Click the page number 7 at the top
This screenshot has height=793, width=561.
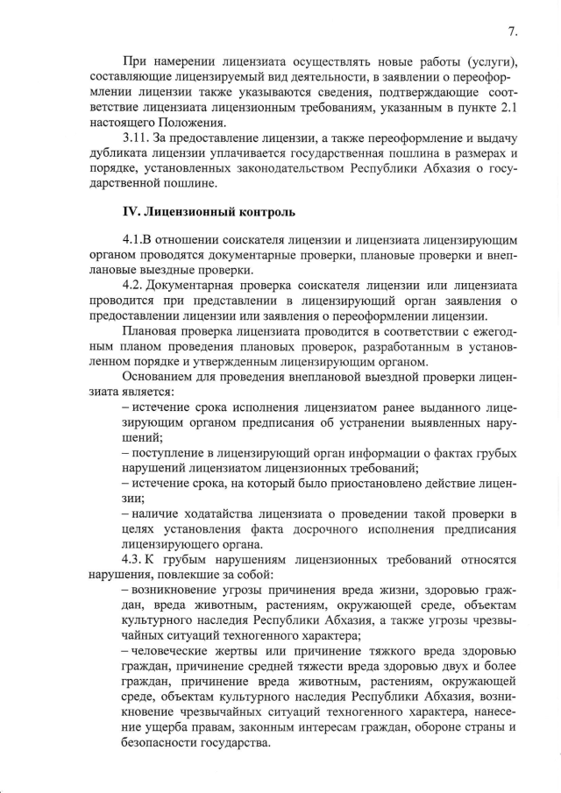(512, 32)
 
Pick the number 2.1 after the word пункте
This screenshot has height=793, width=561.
(509, 108)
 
